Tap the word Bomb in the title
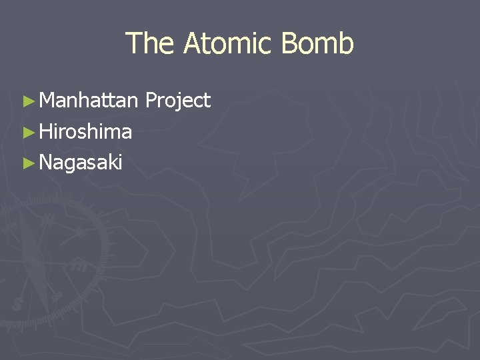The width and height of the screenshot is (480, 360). tap(317, 44)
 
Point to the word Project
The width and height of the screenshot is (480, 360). tap(177, 101)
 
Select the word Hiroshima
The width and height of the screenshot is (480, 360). tap(85, 132)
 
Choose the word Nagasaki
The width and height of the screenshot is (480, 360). tap(81, 162)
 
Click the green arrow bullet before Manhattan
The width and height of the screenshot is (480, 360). tap(27, 101)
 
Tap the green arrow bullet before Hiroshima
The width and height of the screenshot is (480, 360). tap(27, 132)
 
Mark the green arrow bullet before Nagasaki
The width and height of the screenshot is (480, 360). tap(27, 162)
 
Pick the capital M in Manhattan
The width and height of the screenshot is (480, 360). tap(47, 101)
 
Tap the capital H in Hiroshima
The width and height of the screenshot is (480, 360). tap(45, 132)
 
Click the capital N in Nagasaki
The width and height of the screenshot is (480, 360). tap(45, 162)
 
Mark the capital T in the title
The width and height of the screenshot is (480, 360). tap(133, 44)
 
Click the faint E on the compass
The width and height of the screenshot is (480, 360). tap(78, 265)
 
